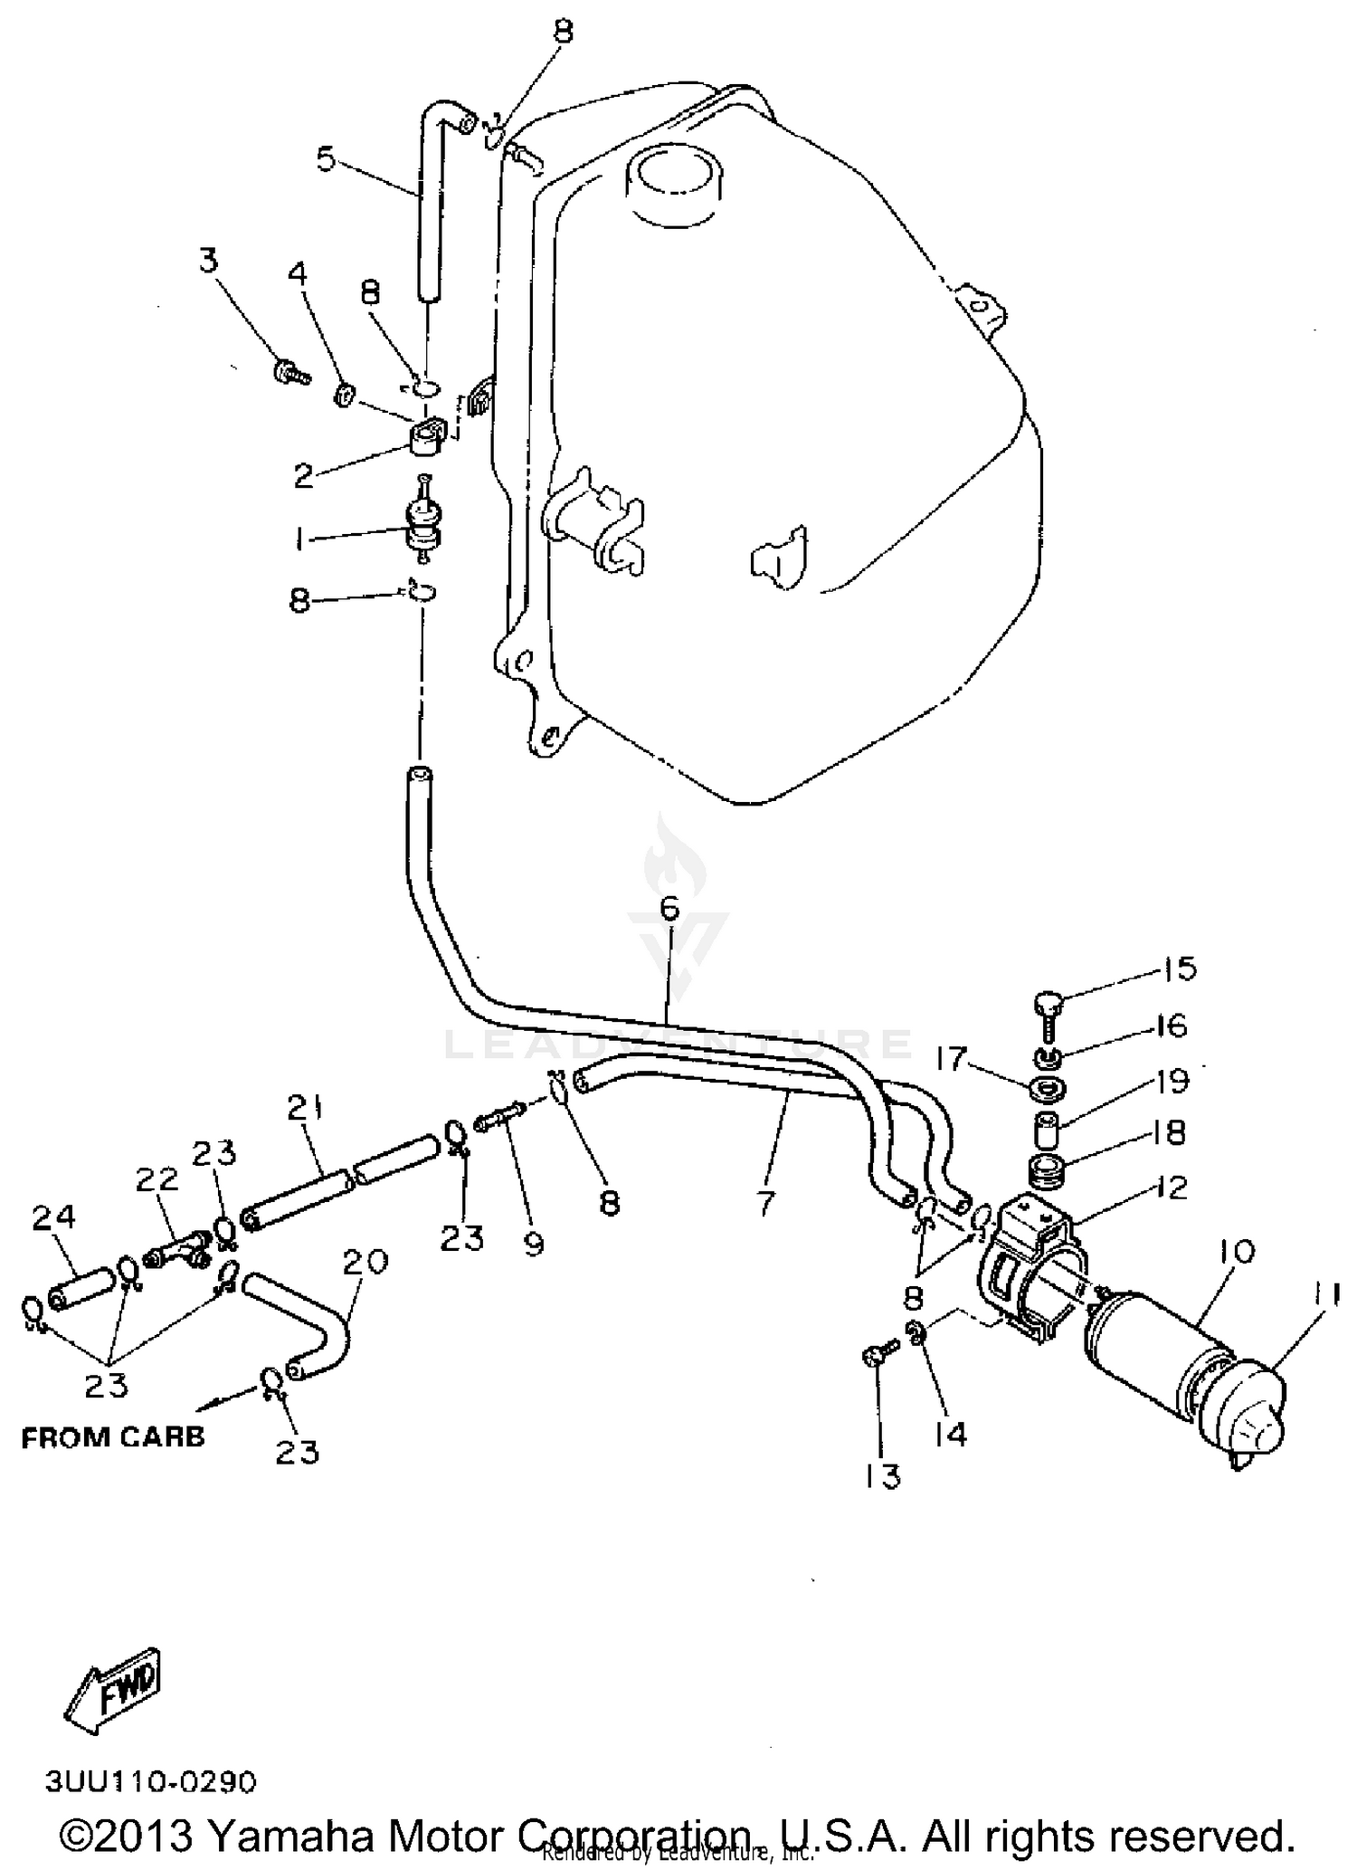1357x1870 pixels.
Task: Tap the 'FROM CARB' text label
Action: [x=113, y=1436]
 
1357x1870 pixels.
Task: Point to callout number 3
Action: [x=209, y=262]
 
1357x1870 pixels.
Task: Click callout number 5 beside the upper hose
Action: [x=326, y=159]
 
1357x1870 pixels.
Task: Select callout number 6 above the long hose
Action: [x=669, y=909]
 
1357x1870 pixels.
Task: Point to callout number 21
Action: [x=306, y=1108]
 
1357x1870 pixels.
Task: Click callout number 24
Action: [x=52, y=1218]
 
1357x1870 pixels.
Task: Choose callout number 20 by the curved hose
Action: [x=365, y=1261]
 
